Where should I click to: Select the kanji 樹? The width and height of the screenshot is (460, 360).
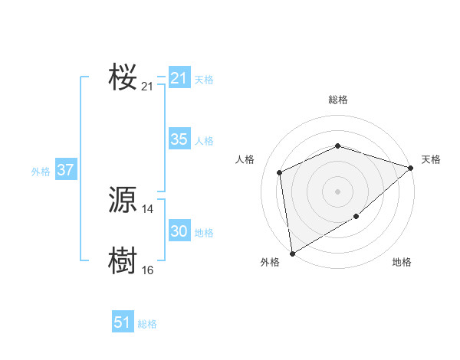(123, 260)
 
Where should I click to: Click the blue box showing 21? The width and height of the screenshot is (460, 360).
(179, 78)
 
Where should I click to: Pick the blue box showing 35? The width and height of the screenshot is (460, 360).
(179, 139)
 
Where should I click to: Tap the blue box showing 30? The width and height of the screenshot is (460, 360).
(179, 231)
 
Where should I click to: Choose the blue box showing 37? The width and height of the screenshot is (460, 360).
(65, 170)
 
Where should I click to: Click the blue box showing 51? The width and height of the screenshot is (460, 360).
(123, 322)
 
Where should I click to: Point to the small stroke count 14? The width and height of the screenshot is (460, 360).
(148, 209)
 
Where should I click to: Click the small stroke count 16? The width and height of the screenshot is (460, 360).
(148, 270)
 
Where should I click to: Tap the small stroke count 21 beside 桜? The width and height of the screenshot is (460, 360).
(148, 87)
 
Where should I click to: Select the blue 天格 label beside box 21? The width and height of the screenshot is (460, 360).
(204, 80)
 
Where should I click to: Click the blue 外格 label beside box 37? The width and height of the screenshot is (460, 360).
(41, 172)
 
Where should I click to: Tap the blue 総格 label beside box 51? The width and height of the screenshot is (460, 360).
(147, 324)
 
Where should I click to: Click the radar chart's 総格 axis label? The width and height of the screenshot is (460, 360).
(338, 100)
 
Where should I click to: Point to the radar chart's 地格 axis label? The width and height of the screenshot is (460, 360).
(402, 263)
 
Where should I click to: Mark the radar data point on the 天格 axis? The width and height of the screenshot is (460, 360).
(411, 168)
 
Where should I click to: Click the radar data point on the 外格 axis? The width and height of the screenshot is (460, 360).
(292, 253)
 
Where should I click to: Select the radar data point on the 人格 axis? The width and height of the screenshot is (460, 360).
(280, 172)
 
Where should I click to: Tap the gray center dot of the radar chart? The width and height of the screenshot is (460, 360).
(338, 191)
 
